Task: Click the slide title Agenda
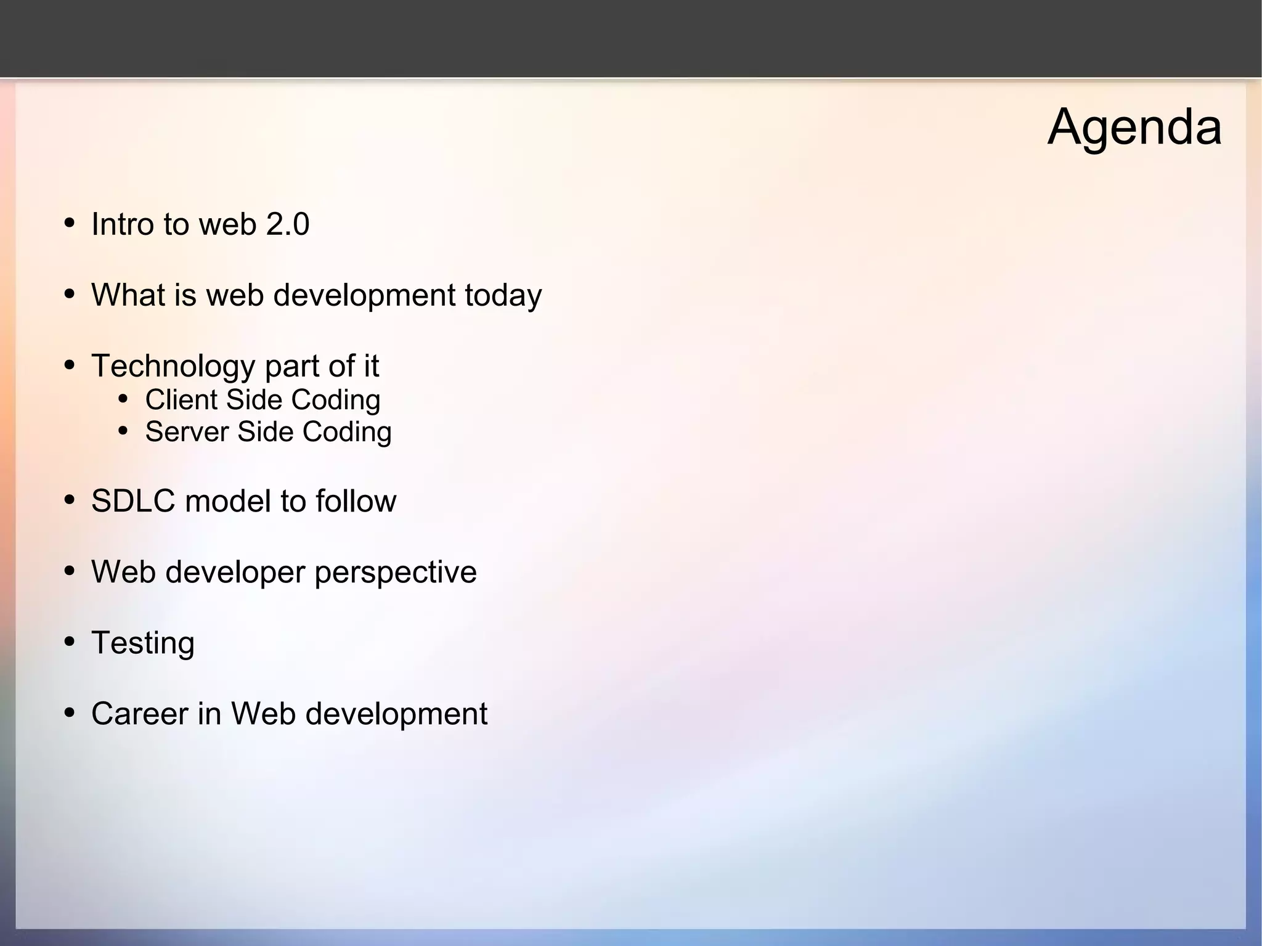1134,128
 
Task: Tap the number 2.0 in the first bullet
287,224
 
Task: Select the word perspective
396,573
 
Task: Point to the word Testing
143,643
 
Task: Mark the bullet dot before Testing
70,642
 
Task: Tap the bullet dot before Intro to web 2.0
70,222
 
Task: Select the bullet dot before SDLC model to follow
70,499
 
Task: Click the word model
228,500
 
